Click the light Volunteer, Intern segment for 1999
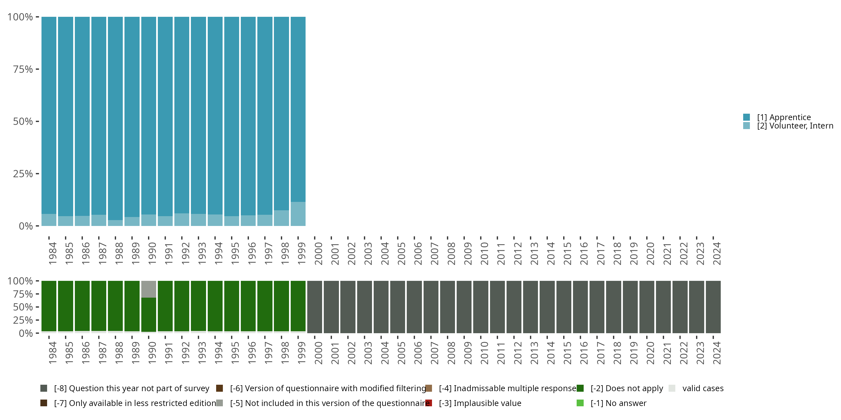[298, 214]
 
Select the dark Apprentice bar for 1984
[49, 114]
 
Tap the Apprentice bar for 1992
[182, 114]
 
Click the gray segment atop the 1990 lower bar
[149, 289]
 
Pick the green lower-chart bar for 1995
[232, 306]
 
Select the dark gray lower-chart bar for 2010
[481, 307]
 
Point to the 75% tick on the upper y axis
[37, 69]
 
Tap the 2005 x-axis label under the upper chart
[401, 253]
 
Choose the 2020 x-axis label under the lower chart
[650, 353]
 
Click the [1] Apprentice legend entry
[784, 117]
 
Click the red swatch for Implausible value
[429, 403]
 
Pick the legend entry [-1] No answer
[618, 403]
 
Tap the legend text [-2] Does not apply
[627, 388]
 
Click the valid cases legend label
[703, 388]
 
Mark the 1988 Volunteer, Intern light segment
[115, 223]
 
